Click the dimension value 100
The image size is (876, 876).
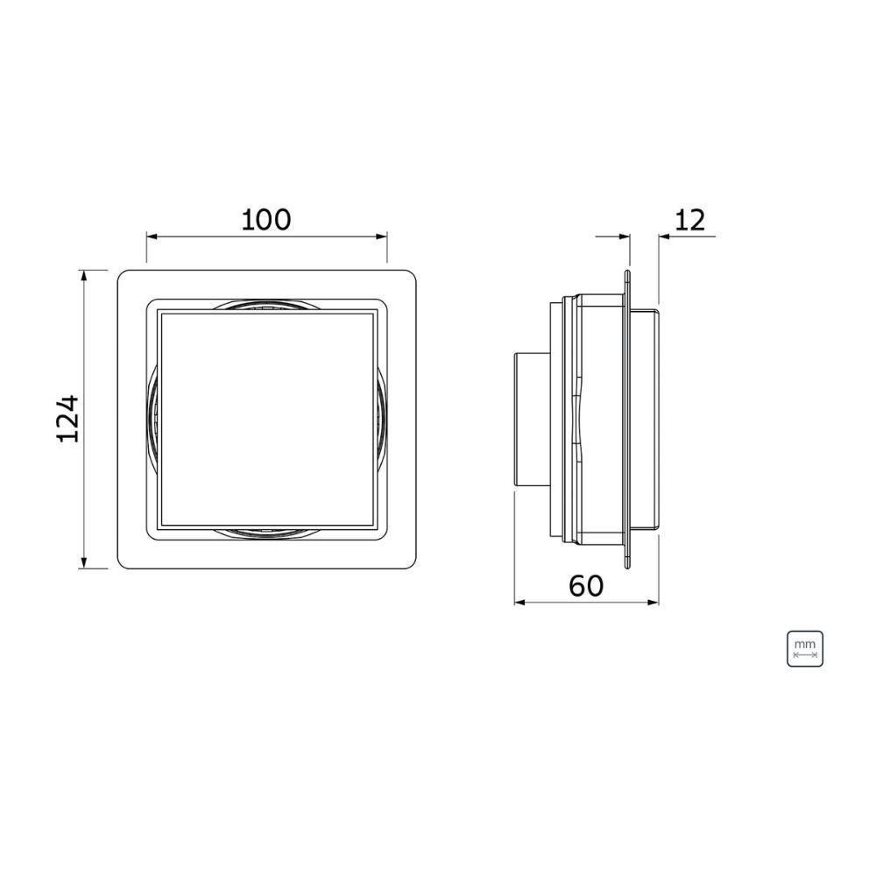(x=266, y=219)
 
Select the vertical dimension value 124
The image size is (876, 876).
(x=68, y=419)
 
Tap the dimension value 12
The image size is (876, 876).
(x=690, y=220)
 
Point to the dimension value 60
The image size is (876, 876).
(x=586, y=584)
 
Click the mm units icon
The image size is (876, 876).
(x=805, y=647)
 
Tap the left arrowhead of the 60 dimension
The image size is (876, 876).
(x=519, y=602)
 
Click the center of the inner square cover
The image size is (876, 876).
(x=266, y=419)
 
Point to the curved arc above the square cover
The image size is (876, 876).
(x=266, y=303)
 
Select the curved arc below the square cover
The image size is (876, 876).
(x=266, y=533)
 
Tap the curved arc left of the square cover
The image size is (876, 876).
(x=153, y=419)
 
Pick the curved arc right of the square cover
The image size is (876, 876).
(x=382, y=419)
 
